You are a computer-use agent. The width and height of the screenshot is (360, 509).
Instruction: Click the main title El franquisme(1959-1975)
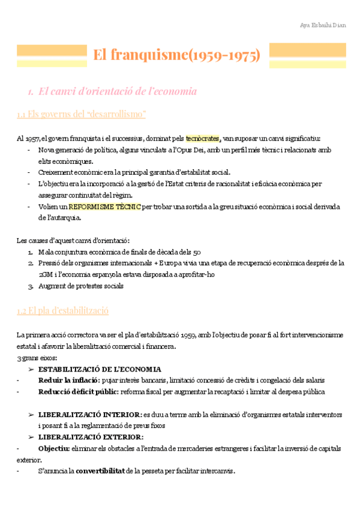(x=176, y=56)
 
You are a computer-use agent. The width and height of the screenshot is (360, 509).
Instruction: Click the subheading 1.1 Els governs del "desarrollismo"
(x=82, y=114)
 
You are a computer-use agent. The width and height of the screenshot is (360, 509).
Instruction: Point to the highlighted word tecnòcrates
(x=203, y=139)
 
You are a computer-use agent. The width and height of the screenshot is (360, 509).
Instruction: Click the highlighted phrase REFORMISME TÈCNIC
(x=104, y=206)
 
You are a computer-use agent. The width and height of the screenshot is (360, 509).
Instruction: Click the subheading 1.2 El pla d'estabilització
(x=63, y=311)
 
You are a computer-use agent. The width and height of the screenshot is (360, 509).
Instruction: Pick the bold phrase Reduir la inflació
(x=69, y=381)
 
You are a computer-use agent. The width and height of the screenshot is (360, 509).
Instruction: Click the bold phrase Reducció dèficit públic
(x=77, y=392)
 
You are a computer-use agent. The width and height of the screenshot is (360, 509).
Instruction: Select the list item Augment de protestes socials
(x=80, y=286)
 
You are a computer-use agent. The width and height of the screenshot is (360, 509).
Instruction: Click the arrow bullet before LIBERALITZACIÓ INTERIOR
(x=31, y=414)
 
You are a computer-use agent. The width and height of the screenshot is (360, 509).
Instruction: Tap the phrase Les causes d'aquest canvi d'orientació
(x=73, y=241)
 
